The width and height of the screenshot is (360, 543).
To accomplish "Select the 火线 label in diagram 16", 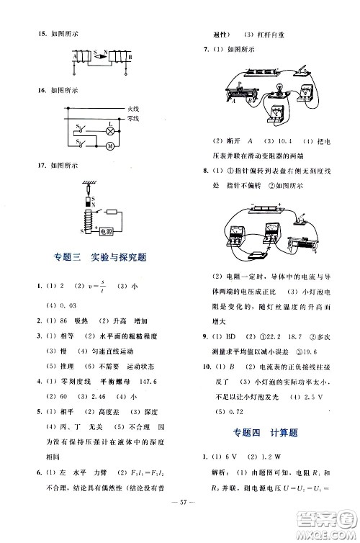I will [123, 109].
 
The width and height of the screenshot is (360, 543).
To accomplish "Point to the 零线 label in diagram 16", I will [123, 117].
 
